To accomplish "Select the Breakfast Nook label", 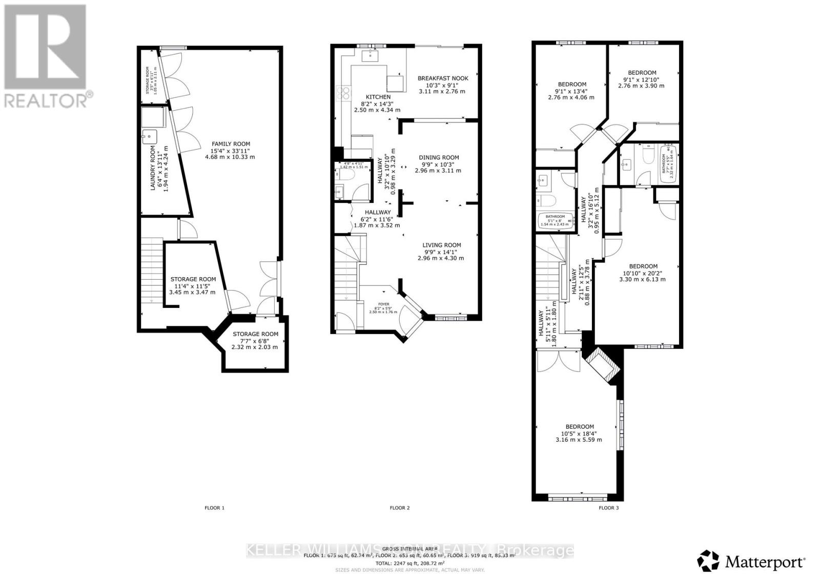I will point(442,85).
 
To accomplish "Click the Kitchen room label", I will point(378,103).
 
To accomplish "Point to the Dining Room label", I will point(438,164).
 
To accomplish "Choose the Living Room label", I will point(441,251).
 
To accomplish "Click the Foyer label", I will point(383,306).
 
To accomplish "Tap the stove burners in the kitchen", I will point(343,93).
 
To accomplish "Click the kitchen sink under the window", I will point(370,56).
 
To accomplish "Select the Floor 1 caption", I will point(214,508).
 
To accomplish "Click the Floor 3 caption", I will point(608,508).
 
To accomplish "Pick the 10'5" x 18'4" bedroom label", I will point(579,433).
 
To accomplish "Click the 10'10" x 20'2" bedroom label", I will point(643,273).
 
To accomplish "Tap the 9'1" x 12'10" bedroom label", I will point(642,79).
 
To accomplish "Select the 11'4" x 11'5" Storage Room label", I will point(193,285).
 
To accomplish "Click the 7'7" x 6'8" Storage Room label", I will point(255,340).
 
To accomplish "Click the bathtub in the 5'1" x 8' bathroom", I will point(555,220).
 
